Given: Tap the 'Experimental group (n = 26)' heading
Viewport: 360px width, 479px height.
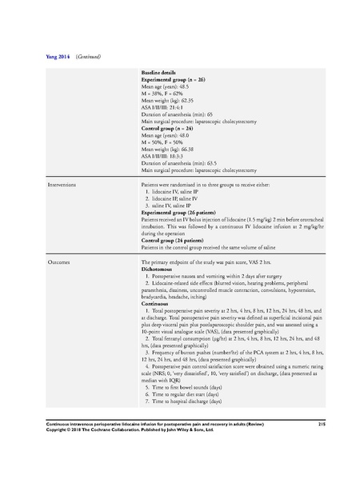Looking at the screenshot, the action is (174, 82).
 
